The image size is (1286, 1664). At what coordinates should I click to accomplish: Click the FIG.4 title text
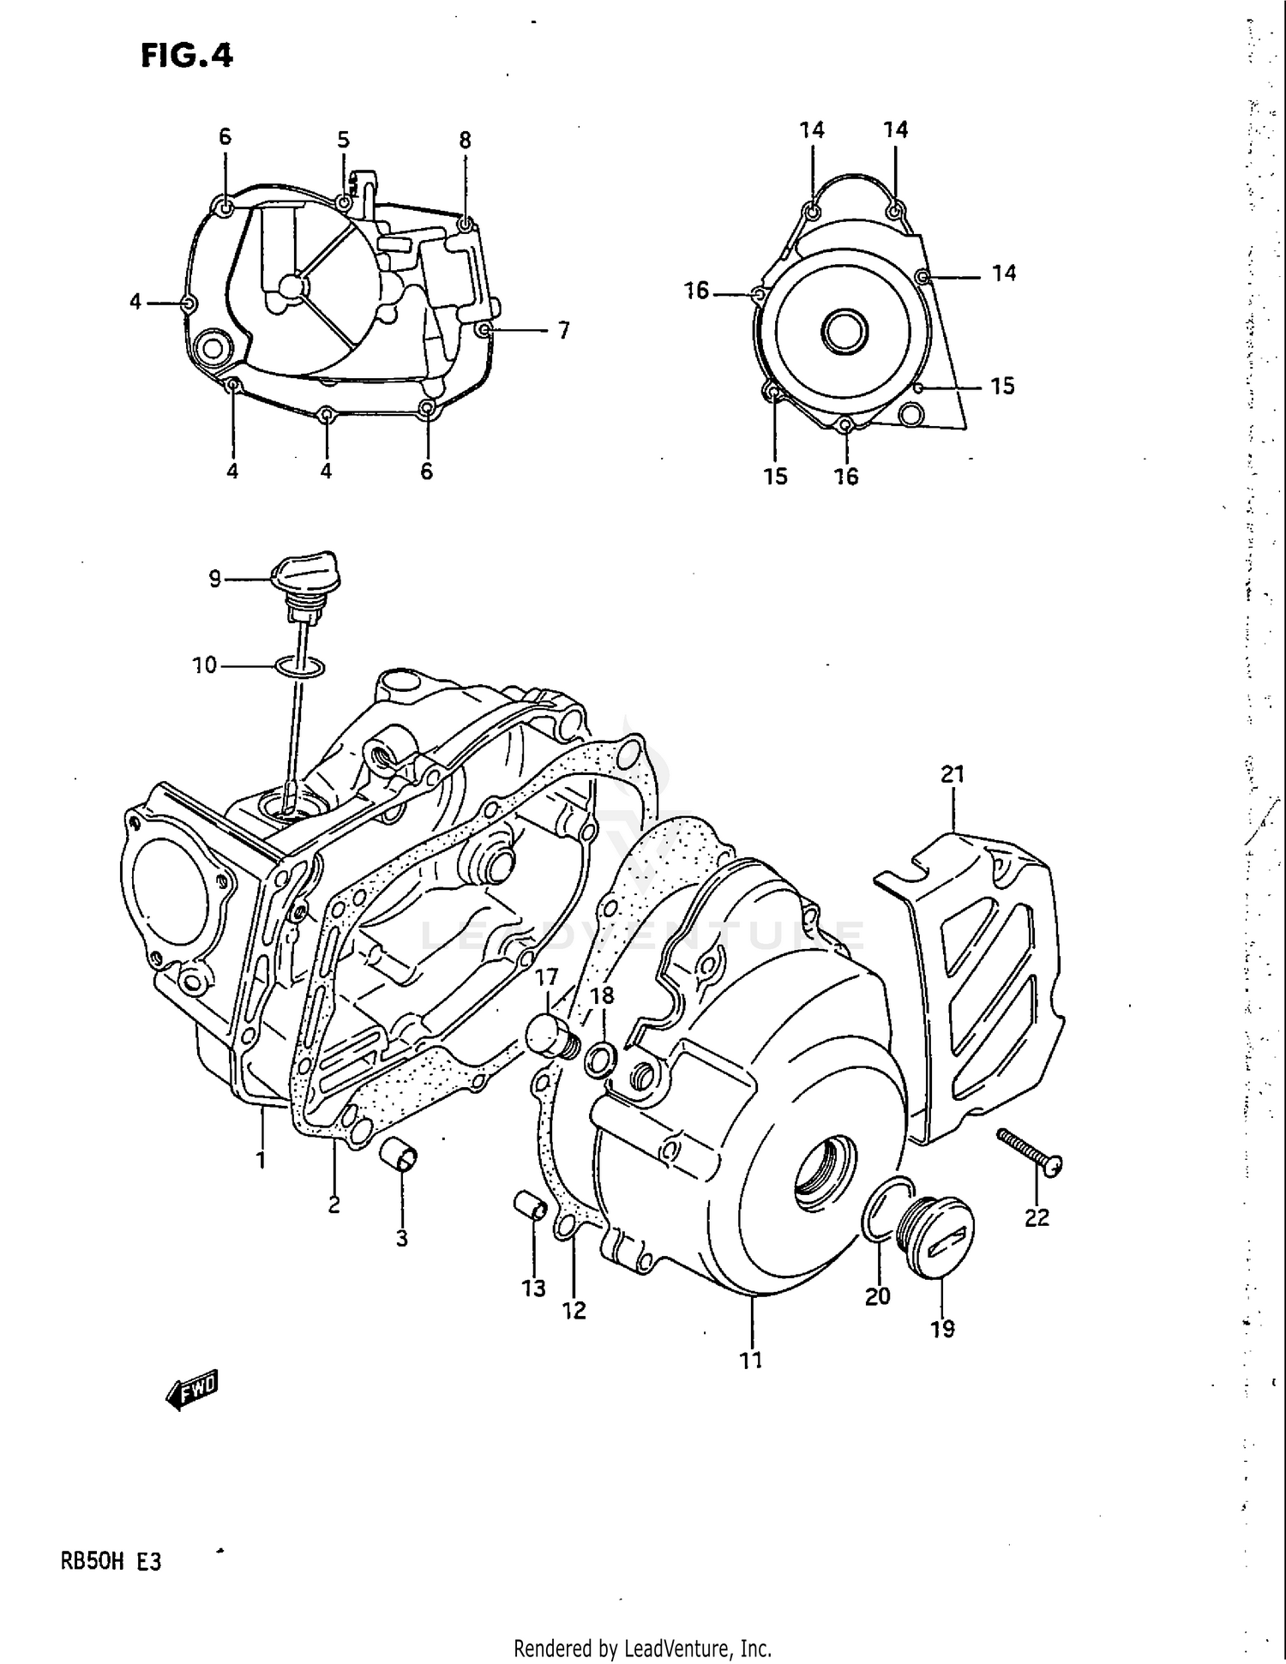(186, 56)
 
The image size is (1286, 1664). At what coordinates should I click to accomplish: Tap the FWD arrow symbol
(193, 1389)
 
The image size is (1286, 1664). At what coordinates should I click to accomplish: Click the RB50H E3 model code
(111, 1562)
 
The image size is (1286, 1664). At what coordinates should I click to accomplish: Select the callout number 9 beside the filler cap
(215, 580)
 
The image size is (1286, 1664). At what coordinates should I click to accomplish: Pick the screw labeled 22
(1030, 1150)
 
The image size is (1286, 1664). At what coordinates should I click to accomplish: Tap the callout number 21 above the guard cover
(952, 774)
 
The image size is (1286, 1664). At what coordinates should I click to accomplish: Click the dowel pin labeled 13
(531, 1205)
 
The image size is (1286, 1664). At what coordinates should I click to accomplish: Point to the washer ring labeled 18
(600, 1060)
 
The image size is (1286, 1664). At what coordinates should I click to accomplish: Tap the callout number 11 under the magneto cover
(751, 1360)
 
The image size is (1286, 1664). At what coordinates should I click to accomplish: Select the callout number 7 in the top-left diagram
(563, 331)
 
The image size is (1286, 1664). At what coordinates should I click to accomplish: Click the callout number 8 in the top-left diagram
(465, 140)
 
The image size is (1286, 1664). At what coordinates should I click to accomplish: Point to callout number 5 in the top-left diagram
(343, 140)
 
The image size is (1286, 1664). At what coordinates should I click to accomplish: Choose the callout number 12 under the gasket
(574, 1310)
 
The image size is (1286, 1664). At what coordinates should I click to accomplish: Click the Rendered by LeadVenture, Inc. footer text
(642, 1648)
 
